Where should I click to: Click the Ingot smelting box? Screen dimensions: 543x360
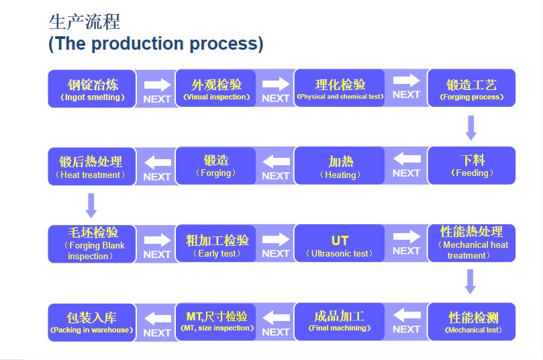pos(92,89)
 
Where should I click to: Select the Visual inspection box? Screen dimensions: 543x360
pos(216,89)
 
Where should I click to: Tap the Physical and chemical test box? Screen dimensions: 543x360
pos(340,88)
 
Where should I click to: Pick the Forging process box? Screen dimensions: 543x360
pos(472,88)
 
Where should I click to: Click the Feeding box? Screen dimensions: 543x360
pos(472,166)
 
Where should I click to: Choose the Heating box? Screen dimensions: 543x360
pos(340,166)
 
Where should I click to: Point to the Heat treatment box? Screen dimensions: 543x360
pos(92,167)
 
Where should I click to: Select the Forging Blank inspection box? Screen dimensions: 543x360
pos(92,244)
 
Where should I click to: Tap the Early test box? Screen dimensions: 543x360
pos(216,244)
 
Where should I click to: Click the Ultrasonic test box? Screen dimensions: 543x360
pos(340,243)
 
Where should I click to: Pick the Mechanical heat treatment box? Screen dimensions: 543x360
pos(472,243)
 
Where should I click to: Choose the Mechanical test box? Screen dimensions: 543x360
pos(472,322)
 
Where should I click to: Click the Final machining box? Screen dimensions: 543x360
pos(340,322)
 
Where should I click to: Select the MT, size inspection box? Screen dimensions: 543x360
pos(216,322)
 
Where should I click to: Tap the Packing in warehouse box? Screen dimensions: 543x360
pos(92,322)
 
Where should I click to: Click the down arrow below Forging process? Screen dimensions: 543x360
pos(471,128)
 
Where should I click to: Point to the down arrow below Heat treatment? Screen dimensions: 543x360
pos(91,206)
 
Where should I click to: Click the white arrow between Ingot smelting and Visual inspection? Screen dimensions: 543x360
pos(158,85)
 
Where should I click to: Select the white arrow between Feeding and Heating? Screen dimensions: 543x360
pos(407,159)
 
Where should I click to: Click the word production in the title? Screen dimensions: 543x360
pos(138,44)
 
